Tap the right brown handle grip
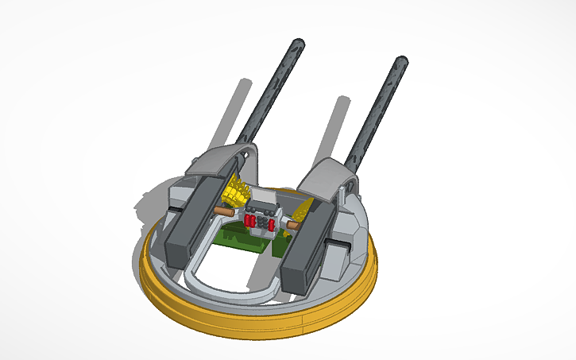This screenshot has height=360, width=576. click(x=292, y=226)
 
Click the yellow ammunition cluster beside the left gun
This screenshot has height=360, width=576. click(x=235, y=191)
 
